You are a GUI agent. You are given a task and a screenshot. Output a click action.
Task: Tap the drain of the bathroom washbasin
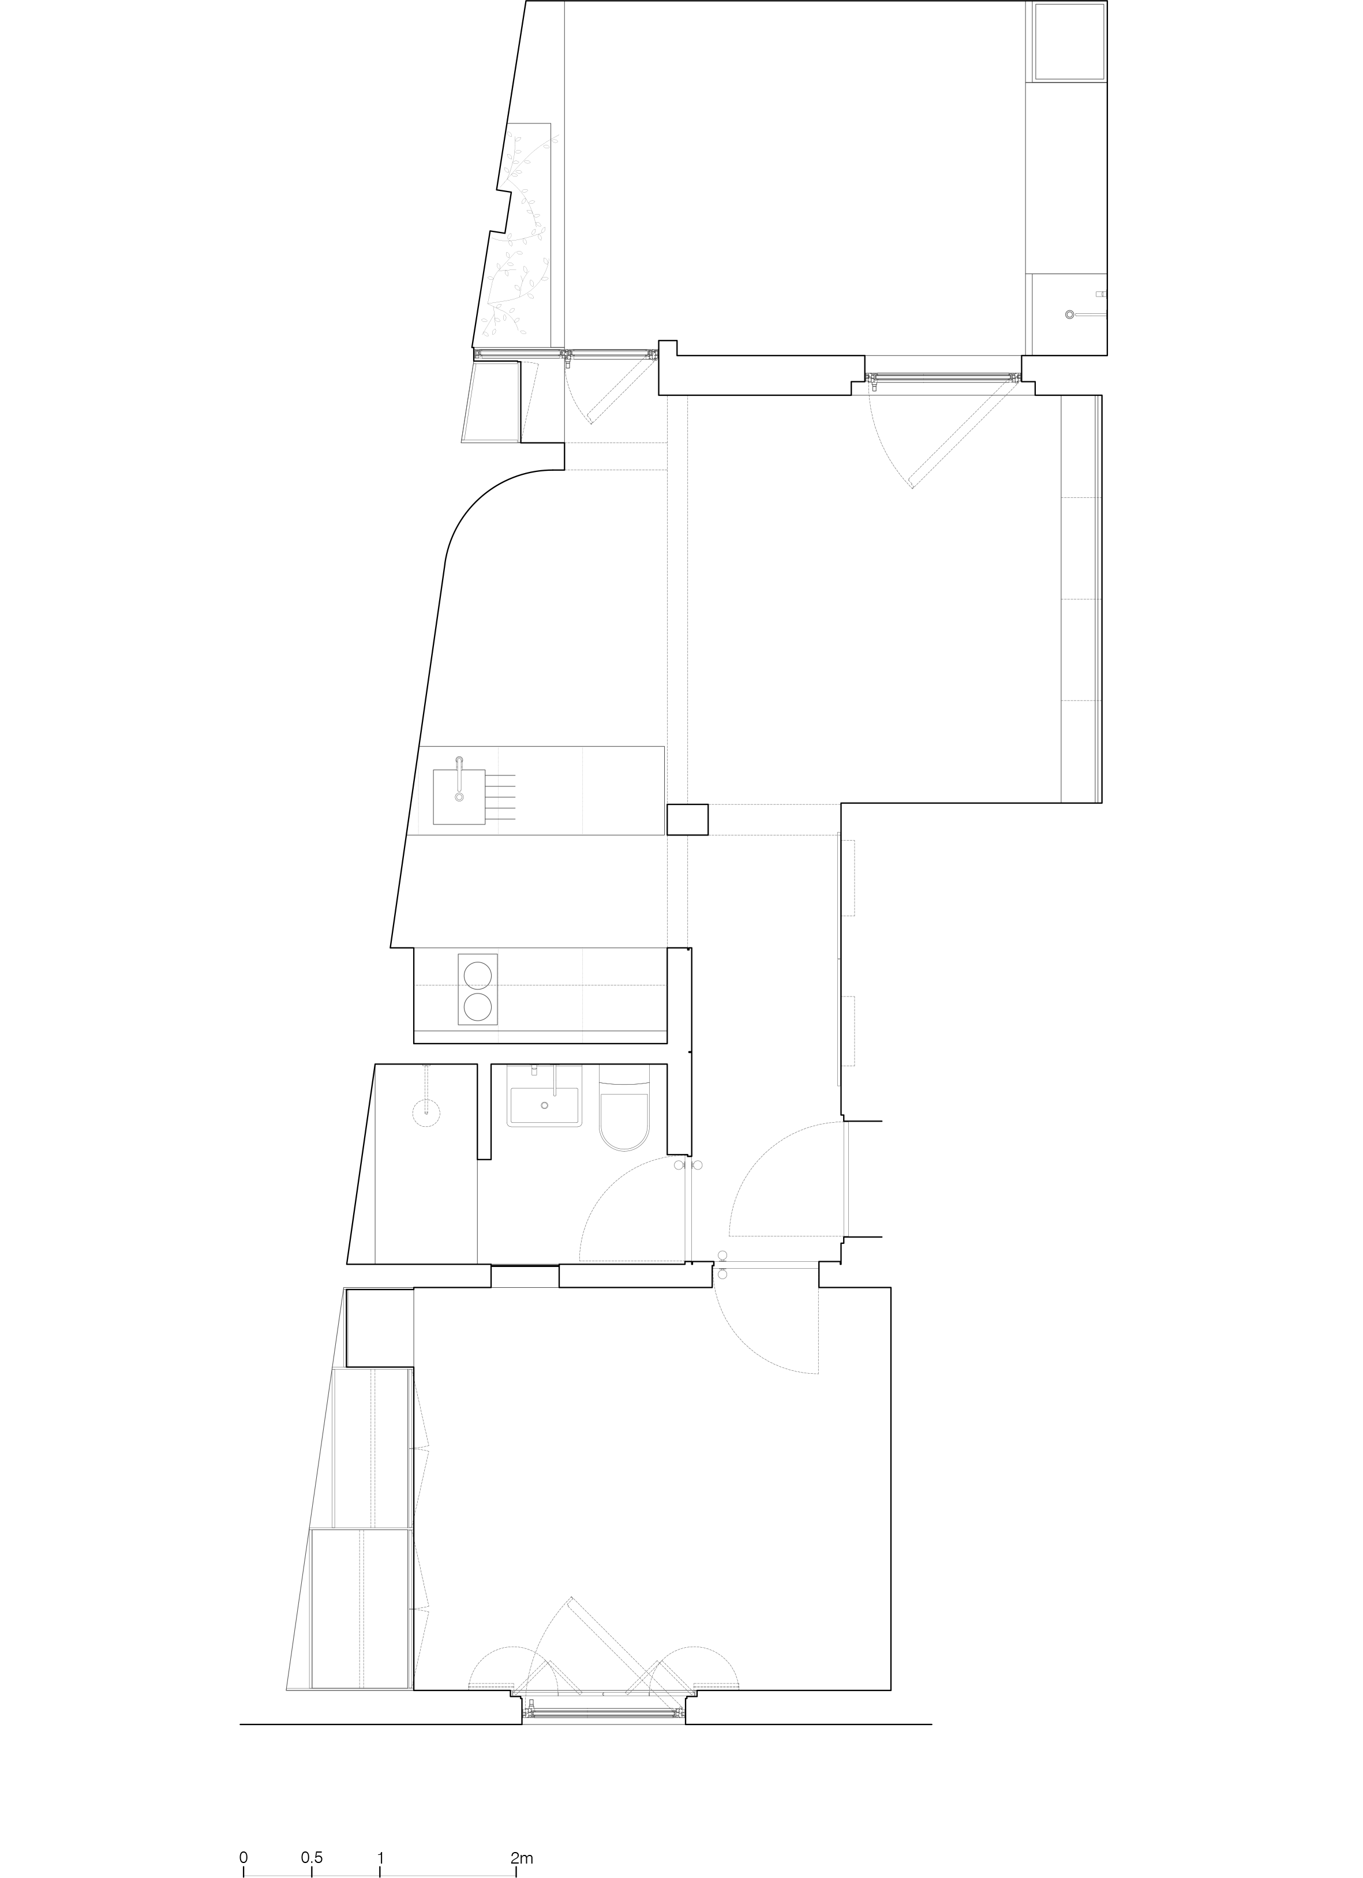pyautogui.click(x=545, y=1105)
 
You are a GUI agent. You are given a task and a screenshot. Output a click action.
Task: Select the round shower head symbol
pyautogui.click(x=426, y=1112)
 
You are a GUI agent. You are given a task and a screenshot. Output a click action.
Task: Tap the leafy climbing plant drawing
pyautogui.click(x=518, y=240)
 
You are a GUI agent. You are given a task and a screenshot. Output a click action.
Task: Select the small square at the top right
pyautogui.click(x=1070, y=42)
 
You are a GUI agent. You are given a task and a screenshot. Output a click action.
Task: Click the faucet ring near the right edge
pyautogui.click(x=1070, y=314)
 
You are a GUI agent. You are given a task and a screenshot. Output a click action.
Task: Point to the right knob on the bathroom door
pyautogui.click(x=698, y=1165)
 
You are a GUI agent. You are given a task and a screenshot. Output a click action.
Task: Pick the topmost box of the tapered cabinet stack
pyautogui.click(x=379, y=1326)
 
